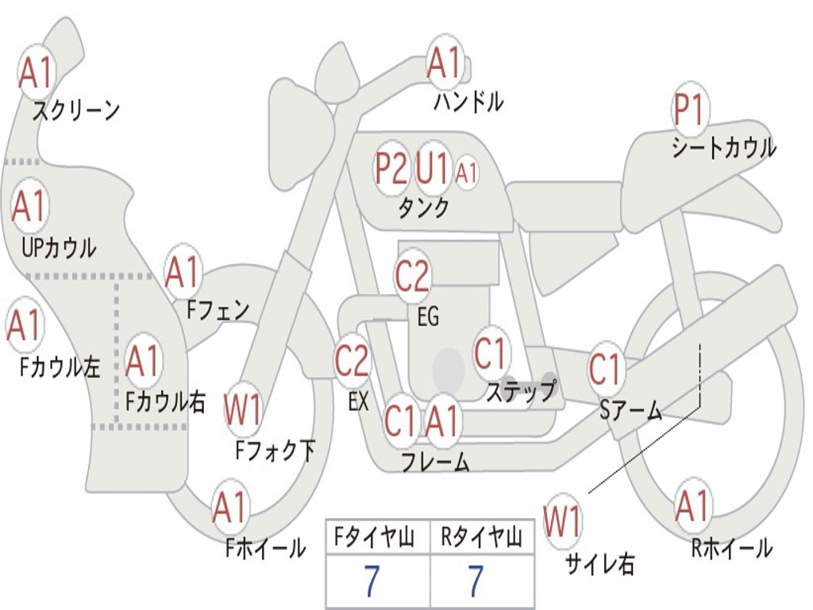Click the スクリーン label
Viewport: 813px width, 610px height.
76,110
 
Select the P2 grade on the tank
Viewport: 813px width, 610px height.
391,169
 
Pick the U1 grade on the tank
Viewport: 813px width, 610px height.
433,168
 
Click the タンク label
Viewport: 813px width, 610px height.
423,208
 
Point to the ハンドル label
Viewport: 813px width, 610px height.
468,101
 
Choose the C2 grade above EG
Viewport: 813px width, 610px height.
411,276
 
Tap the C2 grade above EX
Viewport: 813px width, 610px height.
352,361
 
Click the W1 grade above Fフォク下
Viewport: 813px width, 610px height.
243,411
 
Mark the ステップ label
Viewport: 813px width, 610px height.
521,392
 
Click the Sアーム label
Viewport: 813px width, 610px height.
631,410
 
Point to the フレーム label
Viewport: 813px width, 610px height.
435,461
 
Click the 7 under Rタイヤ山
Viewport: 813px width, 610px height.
475,581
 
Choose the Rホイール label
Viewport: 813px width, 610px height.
731,547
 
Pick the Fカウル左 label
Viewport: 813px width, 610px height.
60,367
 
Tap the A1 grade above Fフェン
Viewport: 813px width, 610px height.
183,272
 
